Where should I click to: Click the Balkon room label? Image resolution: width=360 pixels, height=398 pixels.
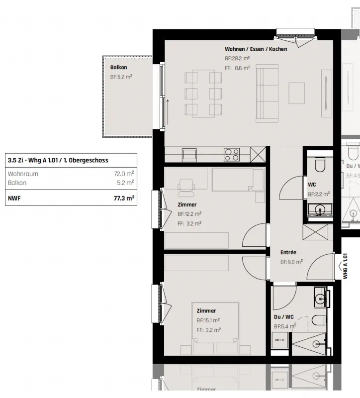119,68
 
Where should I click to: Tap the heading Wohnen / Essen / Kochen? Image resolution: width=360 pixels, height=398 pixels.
256,49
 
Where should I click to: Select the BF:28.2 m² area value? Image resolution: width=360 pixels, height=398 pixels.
237,58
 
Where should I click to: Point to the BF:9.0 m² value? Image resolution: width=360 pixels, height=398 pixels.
291,262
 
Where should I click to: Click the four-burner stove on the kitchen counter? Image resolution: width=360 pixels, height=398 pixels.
231,154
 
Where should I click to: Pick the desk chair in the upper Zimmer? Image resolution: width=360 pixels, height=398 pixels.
187,186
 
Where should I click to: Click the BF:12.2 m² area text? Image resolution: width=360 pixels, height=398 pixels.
189,214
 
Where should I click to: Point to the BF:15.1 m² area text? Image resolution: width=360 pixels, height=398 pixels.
208,320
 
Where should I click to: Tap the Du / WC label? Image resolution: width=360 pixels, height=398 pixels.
283,317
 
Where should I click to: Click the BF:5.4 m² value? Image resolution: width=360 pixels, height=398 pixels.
285,326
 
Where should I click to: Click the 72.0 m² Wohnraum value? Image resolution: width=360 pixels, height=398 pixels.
124,174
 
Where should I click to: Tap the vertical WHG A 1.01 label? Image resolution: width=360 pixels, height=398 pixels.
345,266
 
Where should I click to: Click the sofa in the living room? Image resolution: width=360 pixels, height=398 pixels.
267,94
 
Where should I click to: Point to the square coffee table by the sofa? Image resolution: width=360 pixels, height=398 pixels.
297,93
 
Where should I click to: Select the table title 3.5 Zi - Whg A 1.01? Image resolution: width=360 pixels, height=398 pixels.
58,160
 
